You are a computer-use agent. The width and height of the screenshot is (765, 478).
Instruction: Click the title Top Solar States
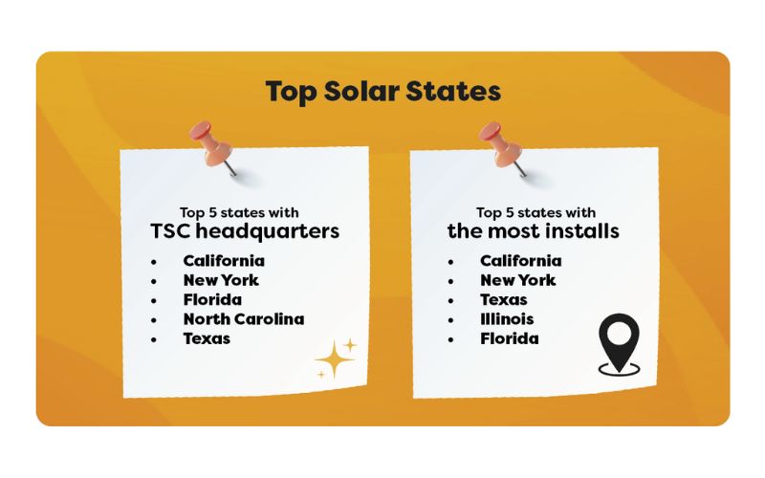point(383,91)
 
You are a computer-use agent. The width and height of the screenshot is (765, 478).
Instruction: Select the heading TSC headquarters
point(245,231)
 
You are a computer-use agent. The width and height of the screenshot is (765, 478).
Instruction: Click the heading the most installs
point(534,230)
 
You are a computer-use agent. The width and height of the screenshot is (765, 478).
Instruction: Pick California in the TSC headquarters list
point(224,261)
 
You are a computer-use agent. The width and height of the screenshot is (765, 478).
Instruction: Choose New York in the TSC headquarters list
point(221,280)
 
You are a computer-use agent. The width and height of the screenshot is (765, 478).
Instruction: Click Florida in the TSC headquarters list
point(212,299)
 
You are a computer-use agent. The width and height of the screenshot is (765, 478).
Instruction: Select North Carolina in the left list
point(244,319)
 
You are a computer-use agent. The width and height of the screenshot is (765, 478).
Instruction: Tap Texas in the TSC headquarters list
point(207,338)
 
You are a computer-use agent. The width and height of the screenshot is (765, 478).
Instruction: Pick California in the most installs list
point(521,261)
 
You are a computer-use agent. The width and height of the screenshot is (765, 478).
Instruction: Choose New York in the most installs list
point(518,280)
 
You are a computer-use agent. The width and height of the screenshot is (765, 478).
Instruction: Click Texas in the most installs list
point(504,299)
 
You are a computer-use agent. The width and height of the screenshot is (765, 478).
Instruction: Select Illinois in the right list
point(507,319)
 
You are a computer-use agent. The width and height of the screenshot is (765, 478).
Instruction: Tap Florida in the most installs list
point(510,338)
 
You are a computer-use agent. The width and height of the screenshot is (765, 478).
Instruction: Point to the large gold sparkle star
point(334,360)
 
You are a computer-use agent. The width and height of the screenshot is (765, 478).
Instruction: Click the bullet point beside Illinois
point(450,320)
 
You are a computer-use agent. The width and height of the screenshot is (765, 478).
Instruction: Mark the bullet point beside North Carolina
point(154,320)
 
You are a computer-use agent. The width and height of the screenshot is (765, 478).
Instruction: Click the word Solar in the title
point(361,91)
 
